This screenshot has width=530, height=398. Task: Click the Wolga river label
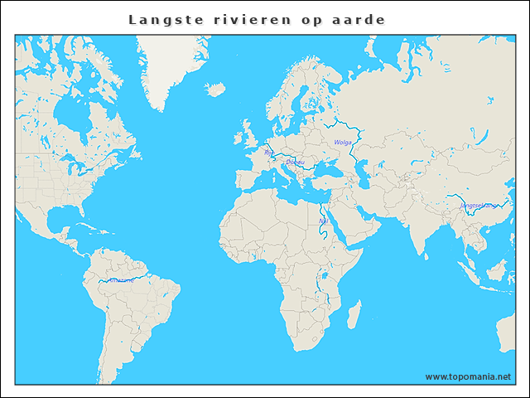342,143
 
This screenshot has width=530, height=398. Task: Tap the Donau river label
294,162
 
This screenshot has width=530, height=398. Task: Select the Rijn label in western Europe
268,153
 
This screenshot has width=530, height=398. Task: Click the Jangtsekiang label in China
479,205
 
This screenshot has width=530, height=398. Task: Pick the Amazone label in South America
121,280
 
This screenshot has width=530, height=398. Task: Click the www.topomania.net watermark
468,376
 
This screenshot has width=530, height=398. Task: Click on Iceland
215,88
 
